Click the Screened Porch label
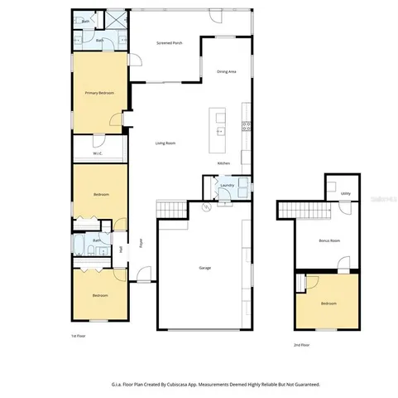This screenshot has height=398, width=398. click(170, 42)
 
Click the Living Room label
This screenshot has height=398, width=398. click(165, 143)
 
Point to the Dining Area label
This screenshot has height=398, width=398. click(227, 72)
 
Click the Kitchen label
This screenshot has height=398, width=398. click(223, 163)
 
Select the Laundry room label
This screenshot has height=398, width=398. click(227, 185)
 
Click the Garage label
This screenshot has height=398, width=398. click(204, 268)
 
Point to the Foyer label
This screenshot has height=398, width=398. click(141, 244)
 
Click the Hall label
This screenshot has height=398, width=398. click(121, 248)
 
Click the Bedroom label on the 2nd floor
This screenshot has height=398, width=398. click(328, 303)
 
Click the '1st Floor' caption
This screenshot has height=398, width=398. click(79, 336)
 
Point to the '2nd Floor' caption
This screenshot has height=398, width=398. click(303, 344)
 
